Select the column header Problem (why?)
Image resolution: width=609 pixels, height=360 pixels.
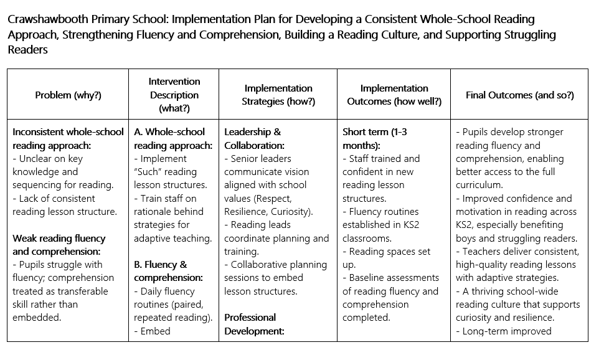coord(68,95)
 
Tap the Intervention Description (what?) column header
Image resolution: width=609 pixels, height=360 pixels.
coord(174,95)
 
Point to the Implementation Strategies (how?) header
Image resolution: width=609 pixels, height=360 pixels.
coord(278,95)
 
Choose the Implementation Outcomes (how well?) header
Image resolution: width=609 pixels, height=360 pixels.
coord(394,95)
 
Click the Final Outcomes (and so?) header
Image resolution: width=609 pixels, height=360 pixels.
coord(519,95)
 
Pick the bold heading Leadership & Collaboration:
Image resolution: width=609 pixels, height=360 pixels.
coord(253,139)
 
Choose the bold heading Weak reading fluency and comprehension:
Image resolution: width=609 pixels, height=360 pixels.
coord(59,245)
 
